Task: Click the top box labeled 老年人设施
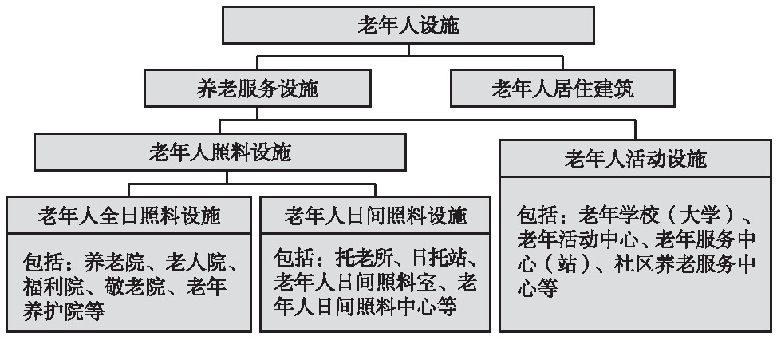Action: point(408,26)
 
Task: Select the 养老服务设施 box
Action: point(258,89)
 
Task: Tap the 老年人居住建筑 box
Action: point(562,89)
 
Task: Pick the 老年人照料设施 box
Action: point(220,152)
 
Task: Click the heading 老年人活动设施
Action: point(635,159)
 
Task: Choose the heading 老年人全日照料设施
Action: point(129,216)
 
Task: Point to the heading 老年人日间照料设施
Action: point(376,216)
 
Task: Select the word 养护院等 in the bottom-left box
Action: point(64,311)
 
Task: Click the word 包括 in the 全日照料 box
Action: point(43,263)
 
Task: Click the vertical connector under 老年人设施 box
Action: point(408,50)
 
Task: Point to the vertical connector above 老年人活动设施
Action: point(635,130)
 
